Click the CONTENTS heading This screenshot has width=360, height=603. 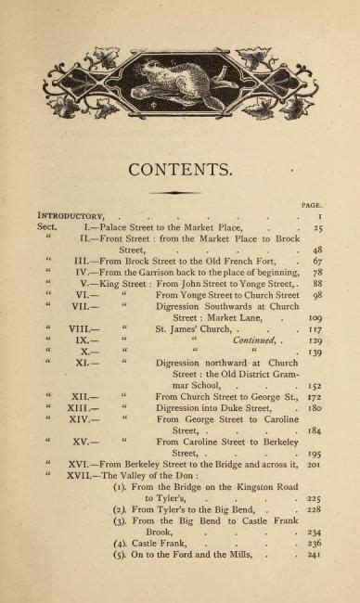[181, 169]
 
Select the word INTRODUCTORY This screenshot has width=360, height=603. [71, 215]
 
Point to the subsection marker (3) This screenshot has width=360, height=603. [119, 546]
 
